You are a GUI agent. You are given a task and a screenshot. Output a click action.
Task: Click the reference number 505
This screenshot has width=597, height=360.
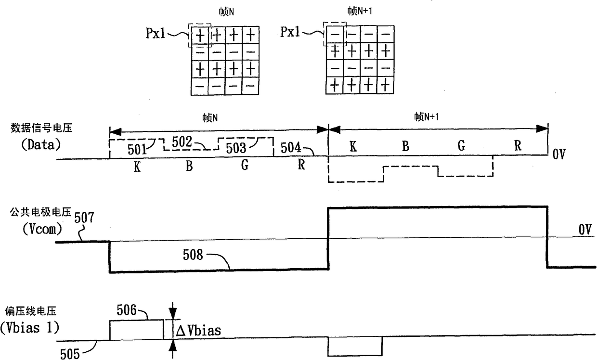pyautogui.click(x=71, y=354)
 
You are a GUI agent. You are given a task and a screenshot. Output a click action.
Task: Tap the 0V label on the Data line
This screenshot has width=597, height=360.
pyautogui.click(x=560, y=156)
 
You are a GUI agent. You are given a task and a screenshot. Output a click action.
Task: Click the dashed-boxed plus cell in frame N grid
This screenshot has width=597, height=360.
pyautogui.click(x=199, y=34)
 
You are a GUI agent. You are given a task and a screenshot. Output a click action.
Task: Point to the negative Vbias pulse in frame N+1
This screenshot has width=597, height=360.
pyautogui.click(x=355, y=347)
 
